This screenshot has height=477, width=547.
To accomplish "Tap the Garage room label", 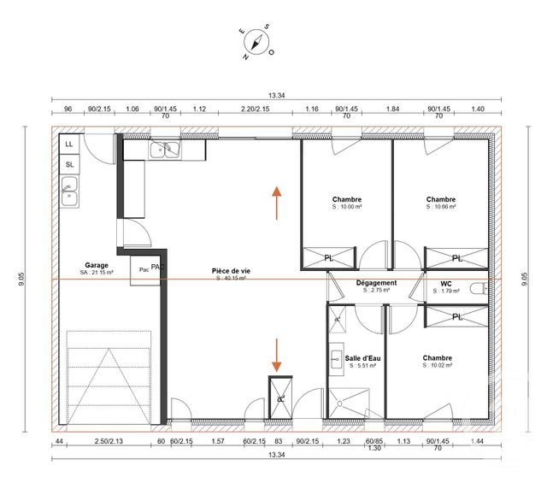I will pos(96,266).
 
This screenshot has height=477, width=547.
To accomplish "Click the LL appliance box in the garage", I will pos(68,144).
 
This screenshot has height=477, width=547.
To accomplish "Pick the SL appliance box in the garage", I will pos(68,164).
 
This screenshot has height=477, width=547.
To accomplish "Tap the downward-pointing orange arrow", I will pos(277,353).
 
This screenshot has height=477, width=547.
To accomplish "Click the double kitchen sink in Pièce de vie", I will pos(165,150).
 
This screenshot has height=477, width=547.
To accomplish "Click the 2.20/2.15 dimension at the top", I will pos(254,109).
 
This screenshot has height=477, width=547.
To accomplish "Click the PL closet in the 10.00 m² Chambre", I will pos(328,257).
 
